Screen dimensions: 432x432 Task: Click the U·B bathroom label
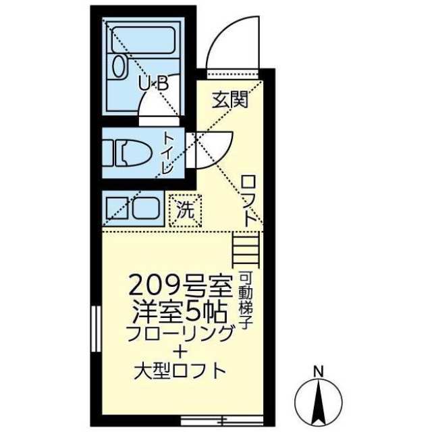click(x=153, y=83)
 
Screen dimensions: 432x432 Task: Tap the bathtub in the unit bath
click(x=143, y=40)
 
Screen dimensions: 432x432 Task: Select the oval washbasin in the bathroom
click(x=119, y=66)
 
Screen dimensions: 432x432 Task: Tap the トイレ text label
click(x=167, y=153)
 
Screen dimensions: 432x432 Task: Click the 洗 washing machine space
click(x=185, y=211)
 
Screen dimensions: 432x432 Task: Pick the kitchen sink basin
click(x=146, y=209)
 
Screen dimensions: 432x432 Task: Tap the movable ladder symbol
click(x=246, y=250)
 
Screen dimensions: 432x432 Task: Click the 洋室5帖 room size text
click(x=180, y=313)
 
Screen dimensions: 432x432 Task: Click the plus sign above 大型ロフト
click(x=180, y=352)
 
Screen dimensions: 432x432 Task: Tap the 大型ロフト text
click(x=180, y=371)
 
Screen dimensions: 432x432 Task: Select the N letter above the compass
click(x=319, y=372)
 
